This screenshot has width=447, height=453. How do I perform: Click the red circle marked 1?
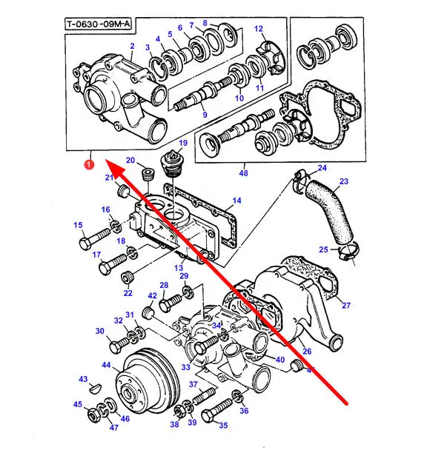click(x=89, y=164)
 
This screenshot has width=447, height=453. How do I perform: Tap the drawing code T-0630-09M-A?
click(x=99, y=24)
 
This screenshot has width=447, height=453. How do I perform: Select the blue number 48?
click(x=244, y=173)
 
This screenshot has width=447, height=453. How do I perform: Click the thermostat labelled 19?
click(x=171, y=164)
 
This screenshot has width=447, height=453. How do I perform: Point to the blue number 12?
click(x=259, y=29)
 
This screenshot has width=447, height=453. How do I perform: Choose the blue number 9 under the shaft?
click(x=205, y=115)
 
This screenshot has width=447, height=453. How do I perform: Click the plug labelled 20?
click(x=148, y=175)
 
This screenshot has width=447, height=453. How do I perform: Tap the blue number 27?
click(x=346, y=305)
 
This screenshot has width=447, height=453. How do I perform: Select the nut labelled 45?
click(x=94, y=416)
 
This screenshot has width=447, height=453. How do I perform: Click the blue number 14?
click(x=236, y=201)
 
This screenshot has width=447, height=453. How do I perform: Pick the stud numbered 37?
click(x=204, y=397)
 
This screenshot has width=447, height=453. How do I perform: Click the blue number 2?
click(x=132, y=46)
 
